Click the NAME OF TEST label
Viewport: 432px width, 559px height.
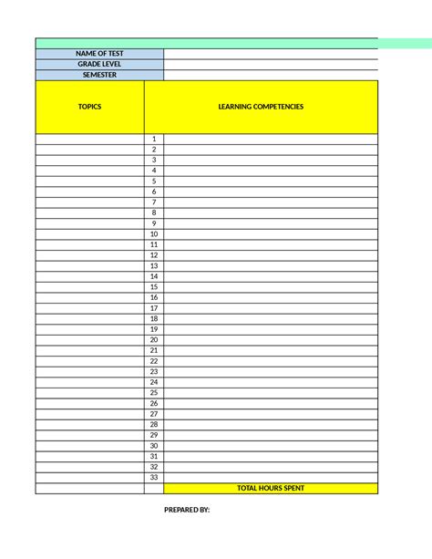click(x=99, y=54)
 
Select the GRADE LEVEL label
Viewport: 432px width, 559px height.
click(x=99, y=65)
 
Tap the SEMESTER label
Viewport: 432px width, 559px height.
click(x=99, y=75)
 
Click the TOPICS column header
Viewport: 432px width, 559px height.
click(x=89, y=107)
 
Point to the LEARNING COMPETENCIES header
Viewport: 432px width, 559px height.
click(x=261, y=107)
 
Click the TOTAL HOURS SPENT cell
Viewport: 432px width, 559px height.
click(x=271, y=488)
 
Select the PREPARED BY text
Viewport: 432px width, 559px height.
click(x=187, y=510)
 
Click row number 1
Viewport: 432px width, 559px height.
click(x=154, y=139)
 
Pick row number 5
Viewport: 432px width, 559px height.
click(x=154, y=181)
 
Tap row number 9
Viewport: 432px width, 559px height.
click(x=154, y=223)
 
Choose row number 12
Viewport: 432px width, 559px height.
click(x=154, y=255)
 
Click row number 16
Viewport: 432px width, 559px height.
click(x=154, y=297)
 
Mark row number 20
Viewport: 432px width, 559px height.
click(x=154, y=339)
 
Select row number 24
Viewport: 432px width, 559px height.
click(x=154, y=382)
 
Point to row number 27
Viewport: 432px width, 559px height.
click(x=154, y=414)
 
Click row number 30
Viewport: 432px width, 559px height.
click(x=154, y=446)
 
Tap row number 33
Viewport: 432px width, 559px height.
click(x=154, y=477)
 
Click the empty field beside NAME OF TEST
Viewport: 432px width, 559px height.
click(x=271, y=54)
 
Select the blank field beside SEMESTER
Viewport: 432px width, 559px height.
click(x=271, y=75)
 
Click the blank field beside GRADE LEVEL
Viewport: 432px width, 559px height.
click(x=271, y=65)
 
